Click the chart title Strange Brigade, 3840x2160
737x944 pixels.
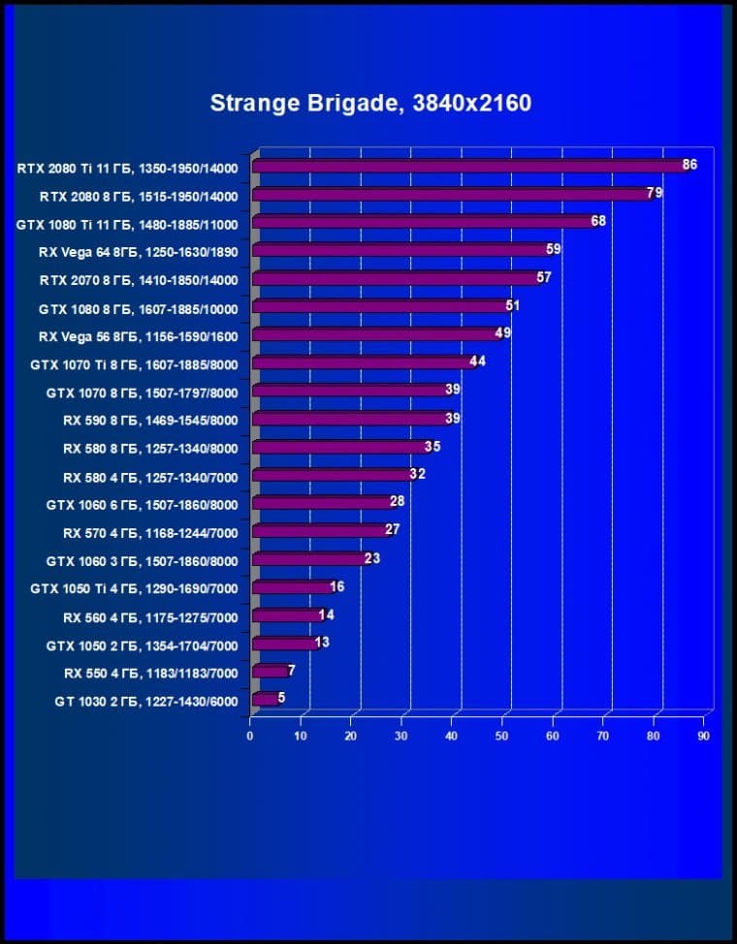tap(370, 103)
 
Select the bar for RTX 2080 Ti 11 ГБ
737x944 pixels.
tap(465, 167)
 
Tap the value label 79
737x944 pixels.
tap(655, 193)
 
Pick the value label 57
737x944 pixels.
tap(544, 278)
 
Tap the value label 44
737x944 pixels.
tap(477, 362)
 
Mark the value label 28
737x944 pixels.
tap(397, 501)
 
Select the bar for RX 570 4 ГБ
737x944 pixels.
tap(320, 531)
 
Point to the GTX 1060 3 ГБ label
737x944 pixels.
tap(142, 560)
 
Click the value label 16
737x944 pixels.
tap(336, 586)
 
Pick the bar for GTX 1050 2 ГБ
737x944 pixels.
tap(284, 644)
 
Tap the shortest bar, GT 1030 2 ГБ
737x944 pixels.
tap(265, 699)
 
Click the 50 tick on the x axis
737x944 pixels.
tap(501, 737)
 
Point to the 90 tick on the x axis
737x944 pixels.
tap(703, 737)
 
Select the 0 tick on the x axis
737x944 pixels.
tap(250, 737)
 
